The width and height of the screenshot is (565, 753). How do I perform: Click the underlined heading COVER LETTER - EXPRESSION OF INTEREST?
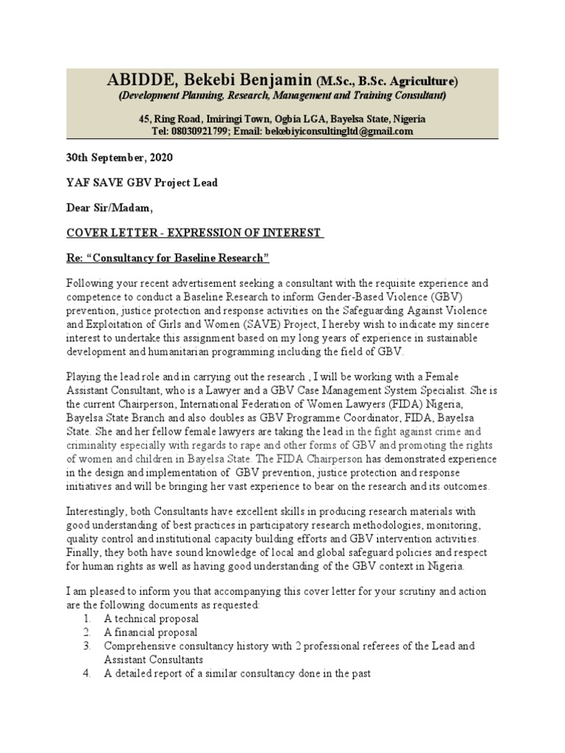click(194, 233)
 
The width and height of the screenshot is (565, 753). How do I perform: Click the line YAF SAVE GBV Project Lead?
click(142, 183)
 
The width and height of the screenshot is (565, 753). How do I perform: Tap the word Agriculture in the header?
click(422, 81)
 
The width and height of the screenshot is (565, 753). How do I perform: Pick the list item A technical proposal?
click(151, 618)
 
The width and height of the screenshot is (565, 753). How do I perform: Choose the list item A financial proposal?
click(150, 632)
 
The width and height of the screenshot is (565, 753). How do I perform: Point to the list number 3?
click(86, 645)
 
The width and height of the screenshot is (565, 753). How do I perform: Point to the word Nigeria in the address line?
click(408, 118)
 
